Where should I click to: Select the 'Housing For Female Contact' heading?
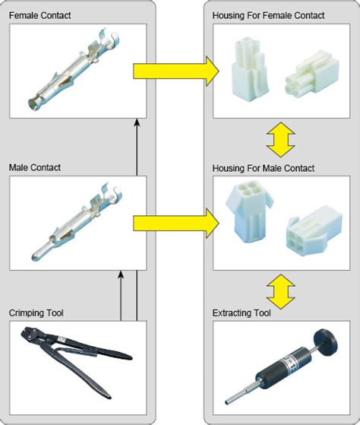[x=268, y=15]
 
